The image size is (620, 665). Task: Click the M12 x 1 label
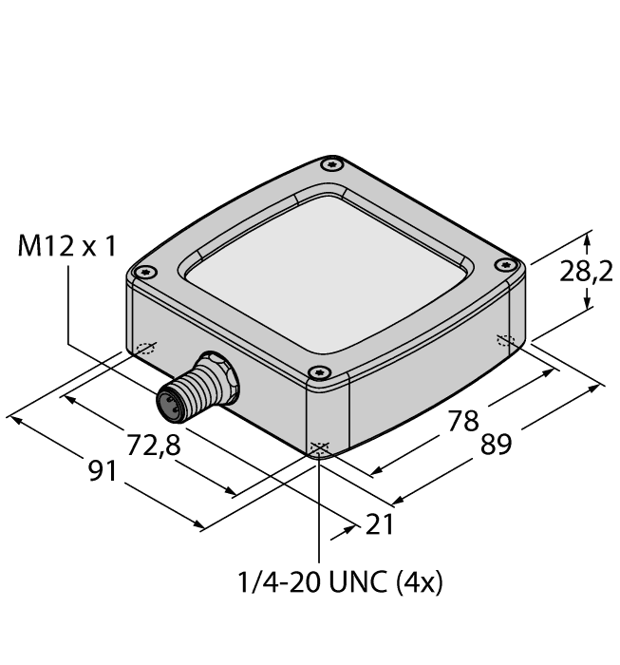pos(66,246)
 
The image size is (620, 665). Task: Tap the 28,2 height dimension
pos(586,272)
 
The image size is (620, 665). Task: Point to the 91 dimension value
pos(103,471)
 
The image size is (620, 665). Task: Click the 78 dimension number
pos(463,421)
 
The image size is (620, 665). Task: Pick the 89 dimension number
pos(497,445)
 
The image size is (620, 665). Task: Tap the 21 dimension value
pos(380,524)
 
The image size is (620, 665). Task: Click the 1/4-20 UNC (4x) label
pos(340,581)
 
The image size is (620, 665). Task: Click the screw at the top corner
pos(331,164)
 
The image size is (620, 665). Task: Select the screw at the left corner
pos(145,272)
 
